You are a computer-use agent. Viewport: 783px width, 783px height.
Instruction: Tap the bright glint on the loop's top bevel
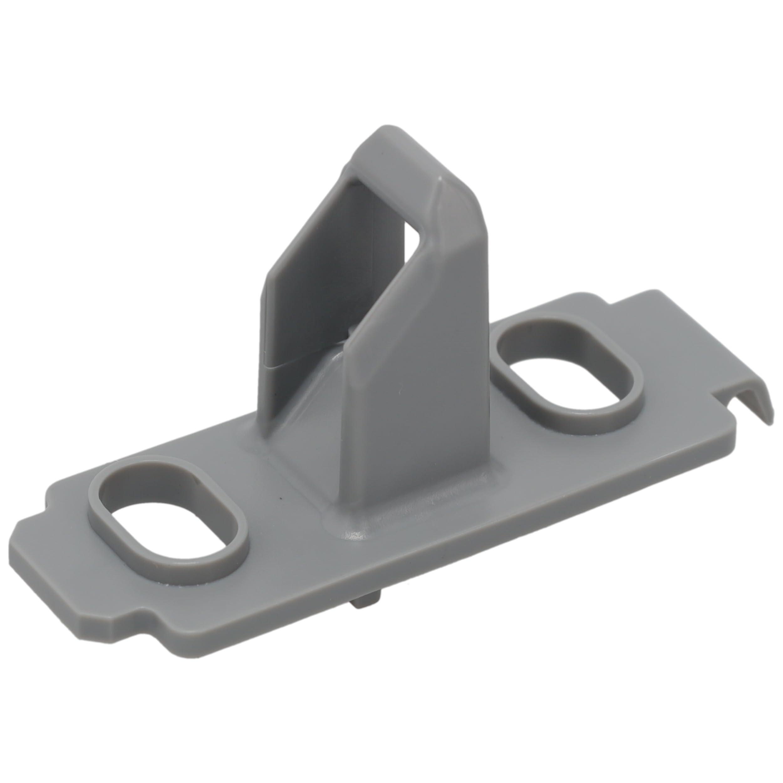(x=440, y=178)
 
